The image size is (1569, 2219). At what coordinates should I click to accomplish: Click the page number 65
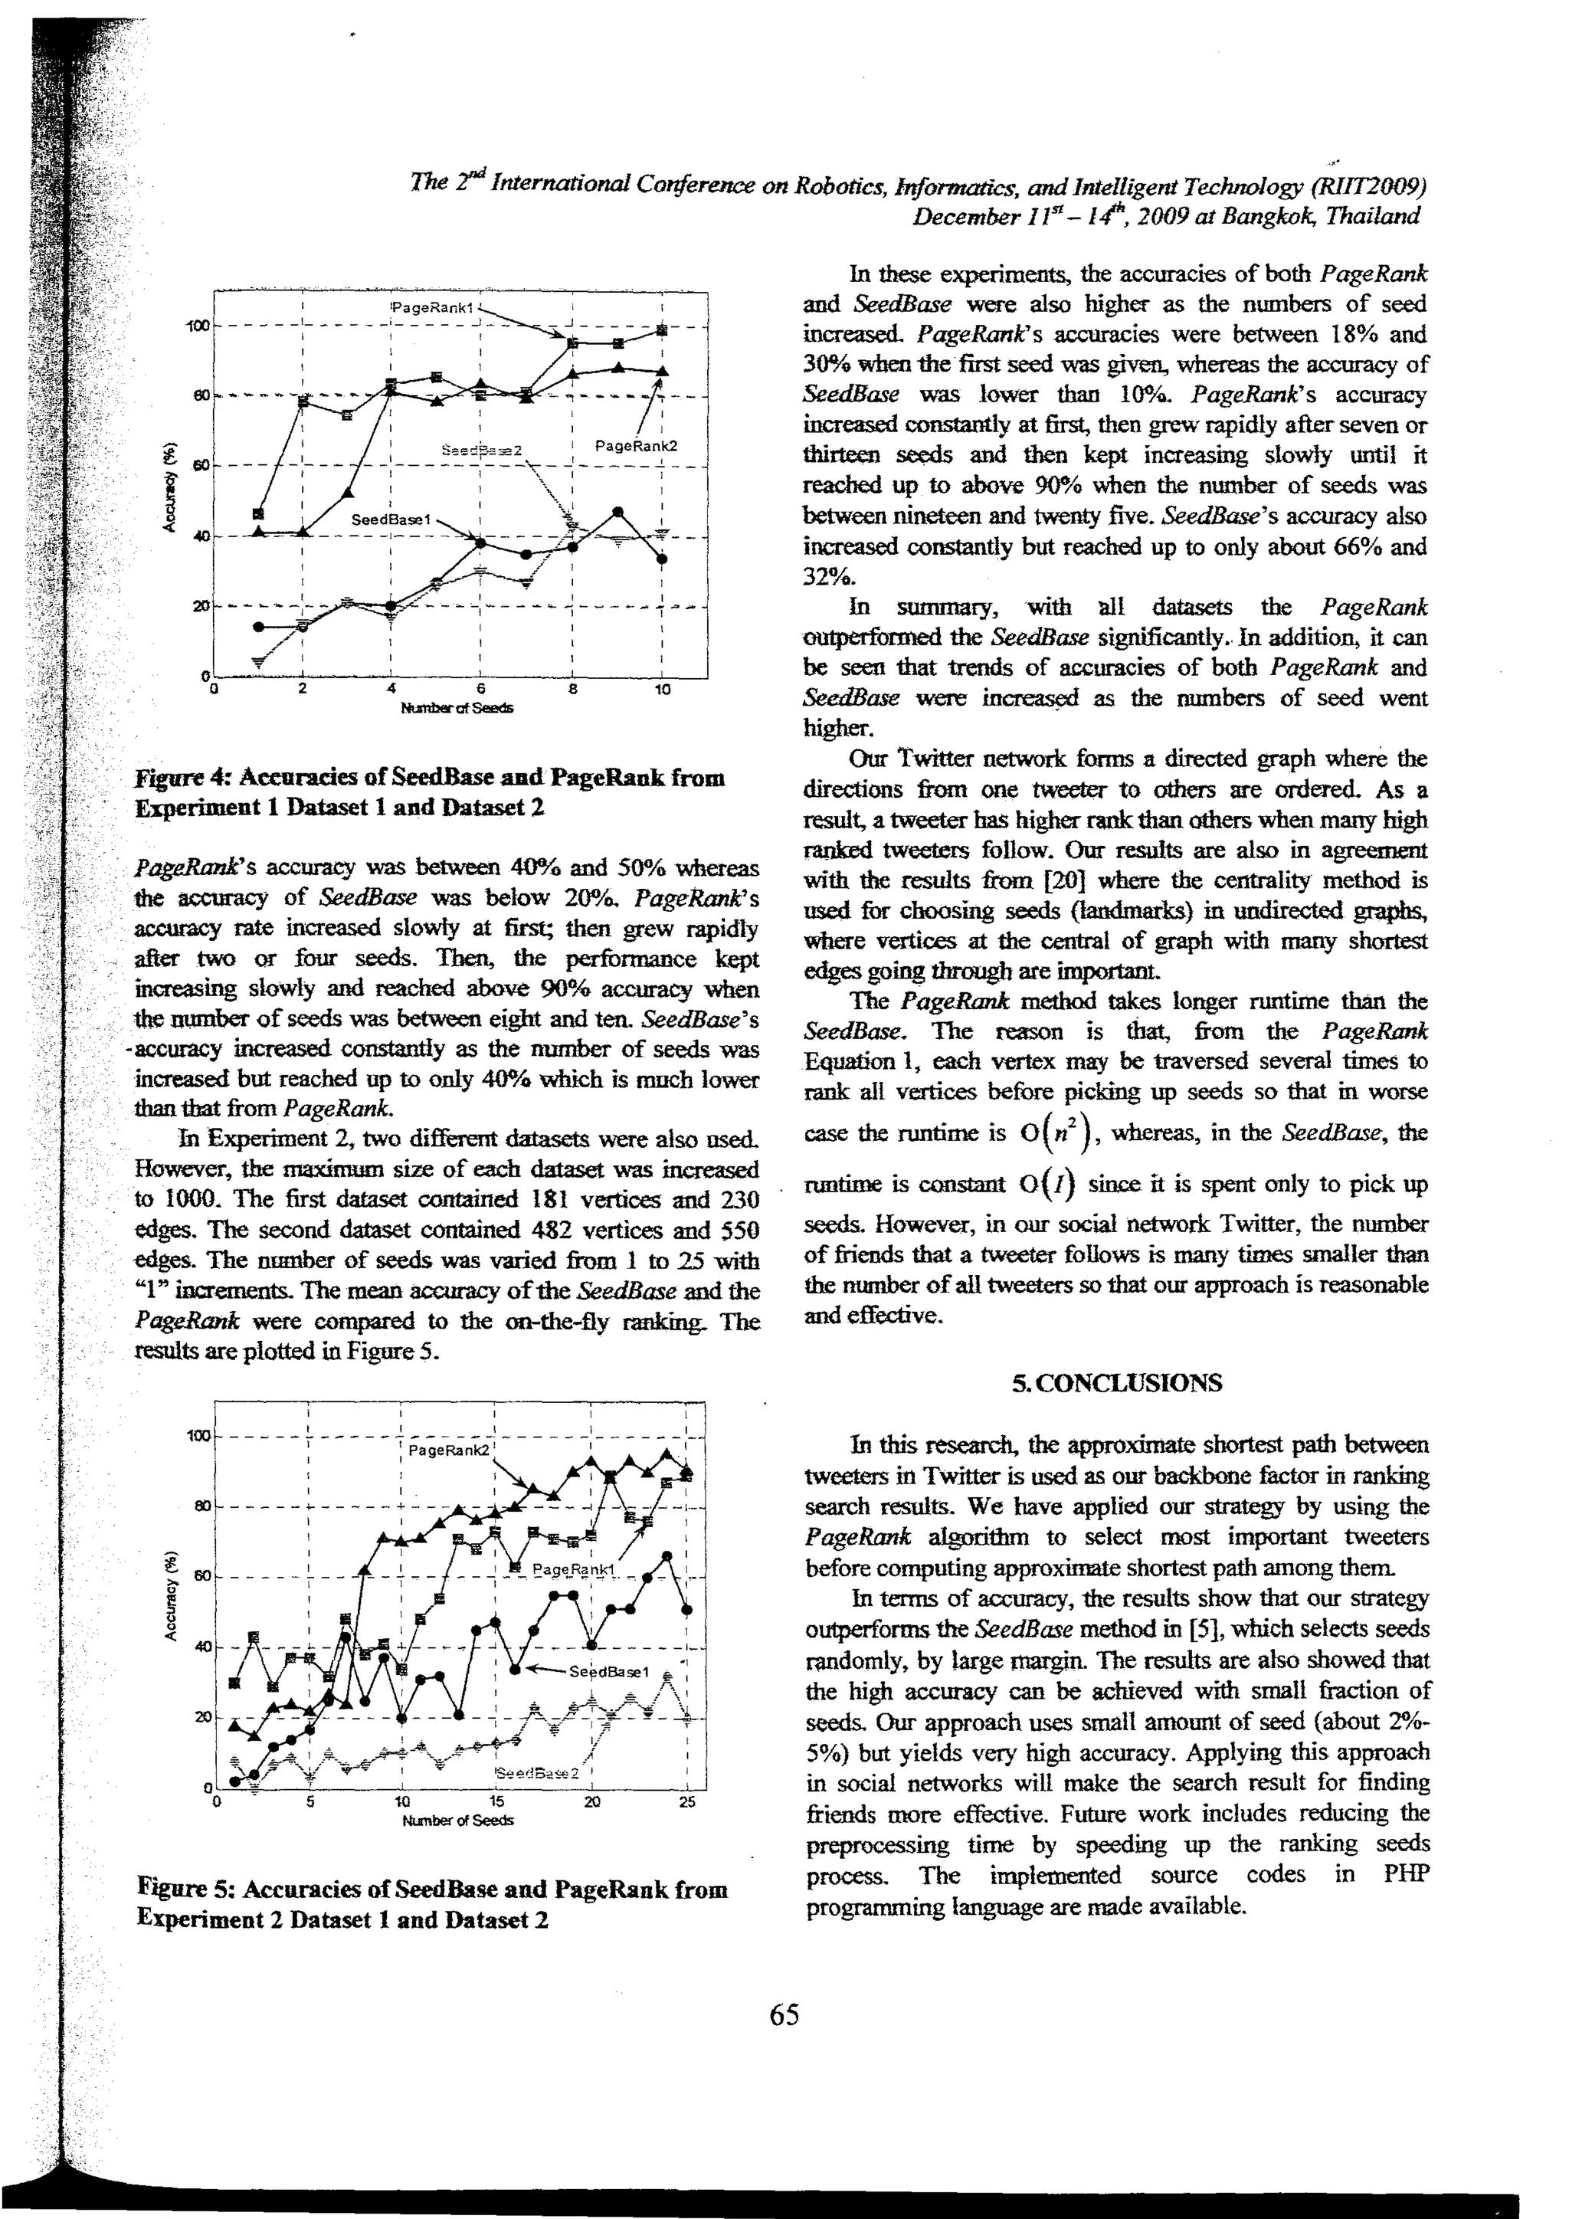point(784,2015)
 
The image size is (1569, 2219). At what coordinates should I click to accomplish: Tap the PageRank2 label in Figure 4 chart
point(636,445)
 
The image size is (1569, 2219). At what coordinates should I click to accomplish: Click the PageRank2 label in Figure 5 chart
point(450,1450)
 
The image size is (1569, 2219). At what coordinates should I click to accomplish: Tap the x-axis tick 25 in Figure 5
point(687,1801)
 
